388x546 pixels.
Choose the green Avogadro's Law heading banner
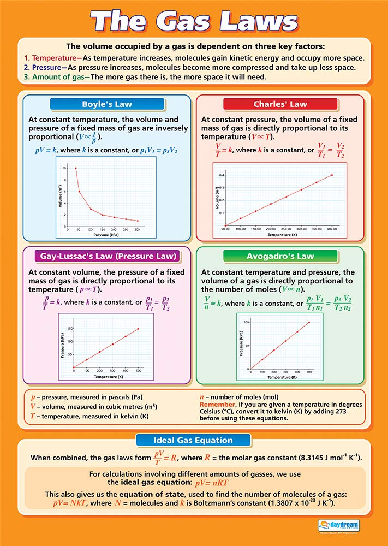click(x=279, y=256)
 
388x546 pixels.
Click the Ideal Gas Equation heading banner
click(x=193, y=440)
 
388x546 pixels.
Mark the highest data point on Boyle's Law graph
click(x=76, y=168)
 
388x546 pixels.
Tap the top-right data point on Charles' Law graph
click(x=332, y=175)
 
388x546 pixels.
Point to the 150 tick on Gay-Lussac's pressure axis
click(x=69, y=329)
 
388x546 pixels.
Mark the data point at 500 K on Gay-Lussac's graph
click(x=138, y=329)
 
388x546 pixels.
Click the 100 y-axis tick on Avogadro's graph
click(x=247, y=322)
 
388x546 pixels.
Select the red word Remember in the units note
click(x=217, y=404)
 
